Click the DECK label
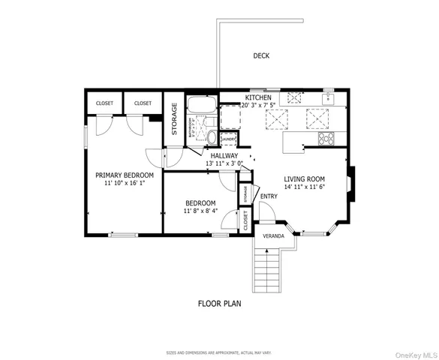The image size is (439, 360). click(261, 55)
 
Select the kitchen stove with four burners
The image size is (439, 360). click(326, 139)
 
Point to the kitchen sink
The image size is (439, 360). click(328, 97)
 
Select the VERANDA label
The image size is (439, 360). click(272, 235)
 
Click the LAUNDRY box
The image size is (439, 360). click(228, 139)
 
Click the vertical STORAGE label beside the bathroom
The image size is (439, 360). click(174, 118)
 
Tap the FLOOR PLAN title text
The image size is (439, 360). click(219, 304)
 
